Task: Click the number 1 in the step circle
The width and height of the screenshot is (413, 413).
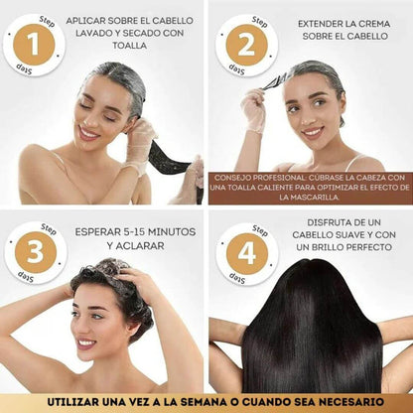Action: coord(36,45)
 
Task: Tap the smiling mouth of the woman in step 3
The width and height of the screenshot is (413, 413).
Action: coord(87,344)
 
